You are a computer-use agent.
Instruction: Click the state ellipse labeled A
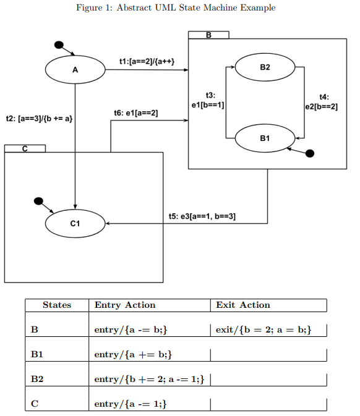click(x=75, y=70)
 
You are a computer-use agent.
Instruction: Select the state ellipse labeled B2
click(x=265, y=67)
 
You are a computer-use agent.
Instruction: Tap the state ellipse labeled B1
click(x=265, y=138)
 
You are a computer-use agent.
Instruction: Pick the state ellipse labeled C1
click(x=75, y=224)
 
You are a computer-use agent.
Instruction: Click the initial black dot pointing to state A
click(x=59, y=45)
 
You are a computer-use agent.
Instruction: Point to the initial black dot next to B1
click(x=311, y=153)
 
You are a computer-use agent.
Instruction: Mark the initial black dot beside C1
click(x=38, y=201)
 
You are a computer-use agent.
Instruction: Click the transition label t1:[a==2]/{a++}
click(x=146, y=62)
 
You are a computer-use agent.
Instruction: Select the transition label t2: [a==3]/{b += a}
click(x=39, y=117)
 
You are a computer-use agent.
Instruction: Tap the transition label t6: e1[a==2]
click(x=136, y=113)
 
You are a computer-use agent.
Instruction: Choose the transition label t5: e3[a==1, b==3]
click(x=202, y=216)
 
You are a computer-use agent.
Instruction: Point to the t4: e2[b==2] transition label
click(x=323, y=102)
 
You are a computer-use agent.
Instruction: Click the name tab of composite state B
click(x=208, y=35)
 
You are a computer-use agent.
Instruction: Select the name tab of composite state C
click(x=25, y=148)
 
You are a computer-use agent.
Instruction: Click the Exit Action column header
click(x=243, y=305)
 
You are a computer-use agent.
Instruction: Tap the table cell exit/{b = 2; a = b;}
click(x=263, y=330)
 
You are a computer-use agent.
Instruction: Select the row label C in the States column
click(x=35, y=404)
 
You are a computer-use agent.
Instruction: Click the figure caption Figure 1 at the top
click(x=176, y=7)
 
